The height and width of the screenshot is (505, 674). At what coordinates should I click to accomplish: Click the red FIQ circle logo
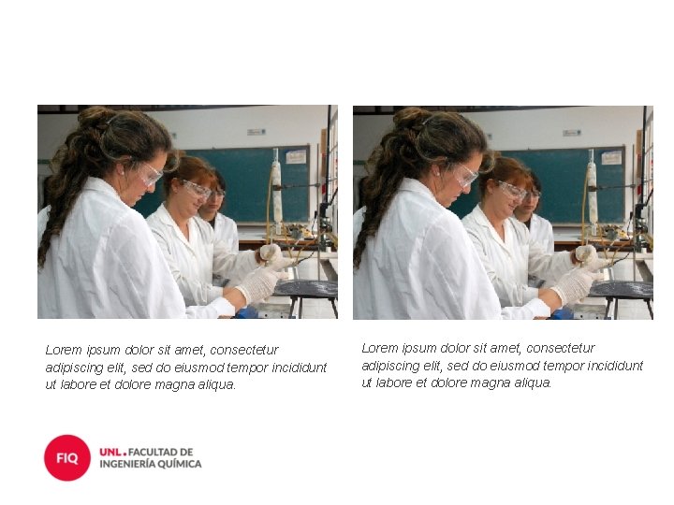click(x=67, y=457)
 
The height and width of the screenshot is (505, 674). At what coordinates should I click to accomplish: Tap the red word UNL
click(x=110, y=453)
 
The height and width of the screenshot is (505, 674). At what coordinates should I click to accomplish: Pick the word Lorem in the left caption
click(x=64, y=350)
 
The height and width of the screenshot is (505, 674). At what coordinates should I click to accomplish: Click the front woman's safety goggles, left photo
click(x=149, y=174)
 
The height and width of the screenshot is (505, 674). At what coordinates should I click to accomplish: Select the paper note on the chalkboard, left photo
click(x=296, y=157)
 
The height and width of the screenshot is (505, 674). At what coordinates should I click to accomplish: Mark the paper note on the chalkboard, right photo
click(x=611, y=158)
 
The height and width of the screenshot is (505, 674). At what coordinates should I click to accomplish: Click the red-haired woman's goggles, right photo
click(x=513, y=189)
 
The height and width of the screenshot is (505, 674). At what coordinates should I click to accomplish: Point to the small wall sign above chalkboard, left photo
click(x=256, y=132)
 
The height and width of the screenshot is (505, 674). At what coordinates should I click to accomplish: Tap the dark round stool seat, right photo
click(x=622, y=289)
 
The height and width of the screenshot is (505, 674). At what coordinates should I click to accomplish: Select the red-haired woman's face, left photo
click(x=196, y=196)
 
